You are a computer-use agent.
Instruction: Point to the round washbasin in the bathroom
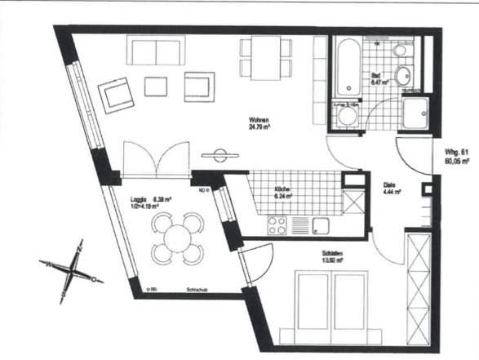pos(402,78)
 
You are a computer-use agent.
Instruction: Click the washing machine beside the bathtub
pos(345,116)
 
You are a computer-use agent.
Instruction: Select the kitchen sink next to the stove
pos(318,224)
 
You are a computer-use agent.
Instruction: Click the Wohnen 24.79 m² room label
pos(259,123)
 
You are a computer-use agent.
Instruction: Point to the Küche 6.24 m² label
pos(282,193)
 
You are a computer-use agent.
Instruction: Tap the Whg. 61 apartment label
pos(454,157)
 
